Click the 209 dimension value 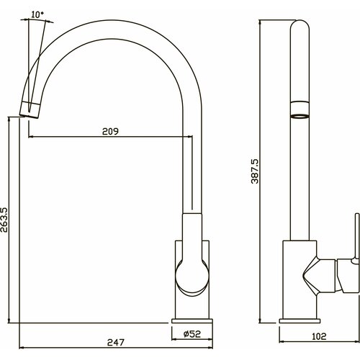click(x=110, y=131)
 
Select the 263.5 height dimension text click(x=4, y=220)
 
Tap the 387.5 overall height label click(x=255, y=171)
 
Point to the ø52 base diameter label click(x=192, y=334)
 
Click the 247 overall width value click(x=116, y=342)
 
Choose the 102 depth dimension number click(x=319, y=336)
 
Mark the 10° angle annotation click(x=37, y=14)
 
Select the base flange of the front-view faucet click(x=192, y=321)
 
